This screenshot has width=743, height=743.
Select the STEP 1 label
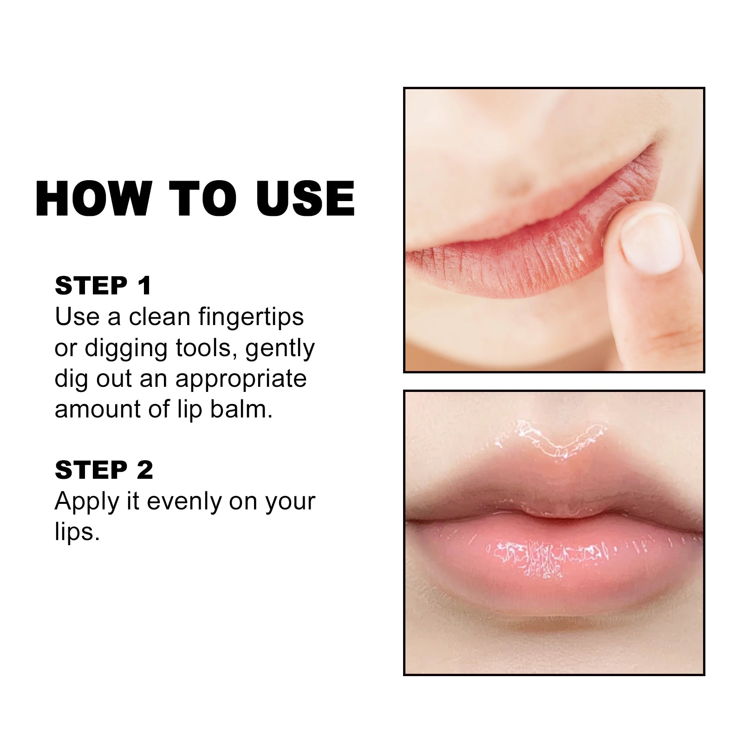103,285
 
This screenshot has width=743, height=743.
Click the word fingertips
251,317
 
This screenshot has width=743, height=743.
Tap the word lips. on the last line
77,532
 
